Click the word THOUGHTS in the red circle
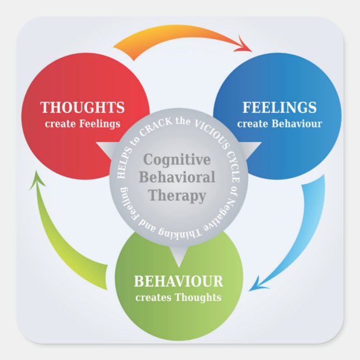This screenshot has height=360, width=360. click(82, 107)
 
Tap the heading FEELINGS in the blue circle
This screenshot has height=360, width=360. click(279, 107)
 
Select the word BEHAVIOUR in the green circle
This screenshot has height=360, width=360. click(178, 281)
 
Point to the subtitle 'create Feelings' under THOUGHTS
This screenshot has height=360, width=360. click(82, 124)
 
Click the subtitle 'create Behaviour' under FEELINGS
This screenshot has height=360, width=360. click(280, 124)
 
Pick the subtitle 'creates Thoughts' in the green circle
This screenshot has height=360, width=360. click(178, 297)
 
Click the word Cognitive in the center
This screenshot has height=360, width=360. click(177, 160)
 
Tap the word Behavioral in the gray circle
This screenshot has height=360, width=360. click(179, 178)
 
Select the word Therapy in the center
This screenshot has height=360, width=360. click(178, 196)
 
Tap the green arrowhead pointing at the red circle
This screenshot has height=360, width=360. click(37, 179)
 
